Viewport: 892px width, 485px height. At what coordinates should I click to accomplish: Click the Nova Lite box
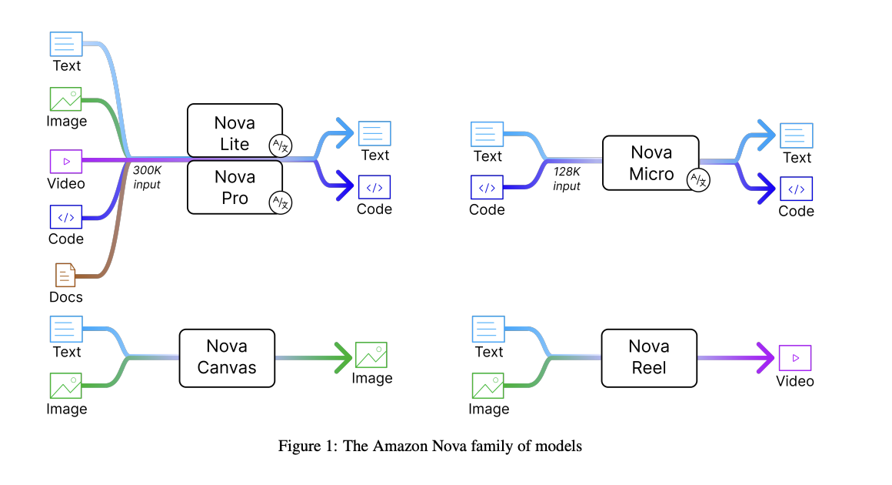[235, 130]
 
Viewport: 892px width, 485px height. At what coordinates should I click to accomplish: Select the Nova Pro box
[235, 187]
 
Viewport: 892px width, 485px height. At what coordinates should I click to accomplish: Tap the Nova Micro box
[651, 162]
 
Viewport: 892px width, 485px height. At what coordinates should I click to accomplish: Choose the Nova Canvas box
[227, 358]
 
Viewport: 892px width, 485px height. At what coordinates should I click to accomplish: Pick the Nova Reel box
[649, 358]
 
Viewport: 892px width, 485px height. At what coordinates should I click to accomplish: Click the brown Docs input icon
[65, 275]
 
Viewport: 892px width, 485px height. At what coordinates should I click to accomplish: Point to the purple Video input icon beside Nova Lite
[66, 162]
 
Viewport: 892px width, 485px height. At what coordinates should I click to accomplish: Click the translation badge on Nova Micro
[698, 180]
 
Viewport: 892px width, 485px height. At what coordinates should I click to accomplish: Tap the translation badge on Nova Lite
[281, 145]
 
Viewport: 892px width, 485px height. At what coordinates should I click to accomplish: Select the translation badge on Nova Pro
[281, 202]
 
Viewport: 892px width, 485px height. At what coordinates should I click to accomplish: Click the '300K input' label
[147, 177]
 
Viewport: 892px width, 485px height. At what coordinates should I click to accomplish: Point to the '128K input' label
[567, 179]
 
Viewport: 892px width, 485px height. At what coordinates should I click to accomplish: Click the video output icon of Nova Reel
[795, 358]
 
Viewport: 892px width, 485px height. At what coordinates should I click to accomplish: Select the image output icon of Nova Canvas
[371, 355]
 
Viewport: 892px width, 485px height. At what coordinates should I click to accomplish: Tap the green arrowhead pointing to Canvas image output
[344, 357]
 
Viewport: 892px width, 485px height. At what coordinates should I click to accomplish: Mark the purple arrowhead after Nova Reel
[766, 357]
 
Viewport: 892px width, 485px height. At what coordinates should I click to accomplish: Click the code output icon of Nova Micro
[797, 189]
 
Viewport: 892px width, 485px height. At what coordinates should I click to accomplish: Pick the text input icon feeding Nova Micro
[487, 135]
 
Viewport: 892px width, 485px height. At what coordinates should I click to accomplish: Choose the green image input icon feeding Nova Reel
[488, 386]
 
